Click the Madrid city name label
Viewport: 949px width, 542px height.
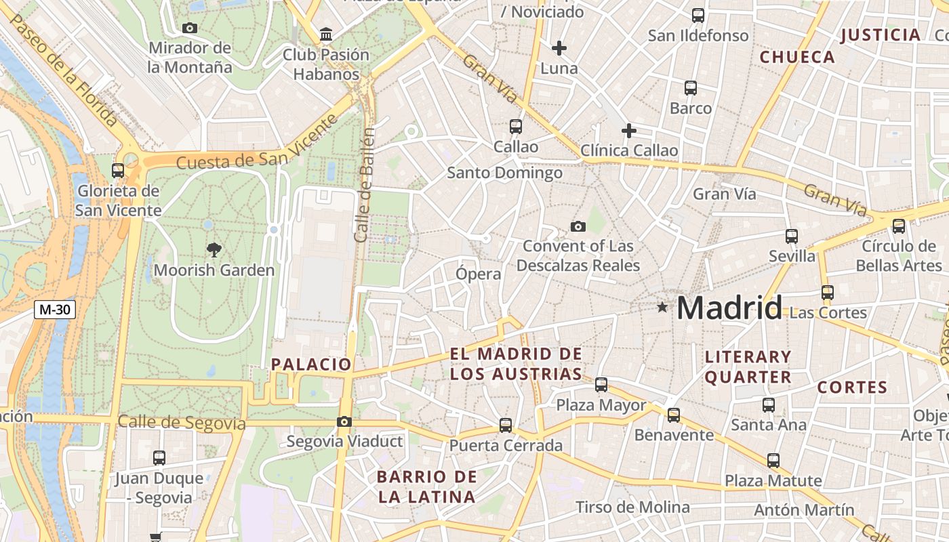point(729,308)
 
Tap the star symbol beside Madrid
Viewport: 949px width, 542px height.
point(662,308)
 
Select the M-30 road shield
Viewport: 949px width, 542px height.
point(55,310)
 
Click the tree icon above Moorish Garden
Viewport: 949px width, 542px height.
point(214,250)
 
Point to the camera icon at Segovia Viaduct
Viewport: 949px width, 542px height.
point(344,422)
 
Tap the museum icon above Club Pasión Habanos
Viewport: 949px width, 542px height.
point(326,34)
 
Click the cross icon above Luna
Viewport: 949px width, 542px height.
point(559,48)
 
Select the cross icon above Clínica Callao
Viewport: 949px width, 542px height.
point(629,130)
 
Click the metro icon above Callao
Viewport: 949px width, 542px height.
point(516,127)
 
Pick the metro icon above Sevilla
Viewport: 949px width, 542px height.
point(792,236)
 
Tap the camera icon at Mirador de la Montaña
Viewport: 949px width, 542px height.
point(190,28)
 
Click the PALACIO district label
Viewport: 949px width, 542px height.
point(312,364)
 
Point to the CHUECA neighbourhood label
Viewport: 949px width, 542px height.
point(797,57)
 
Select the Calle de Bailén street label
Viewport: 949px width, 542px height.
point(365,185)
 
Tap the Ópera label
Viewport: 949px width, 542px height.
point(479,274)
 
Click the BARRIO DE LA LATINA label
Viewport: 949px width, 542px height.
point(427,486)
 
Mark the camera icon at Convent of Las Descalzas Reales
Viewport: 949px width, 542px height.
point(578,226)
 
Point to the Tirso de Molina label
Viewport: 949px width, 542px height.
point(632,507)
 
